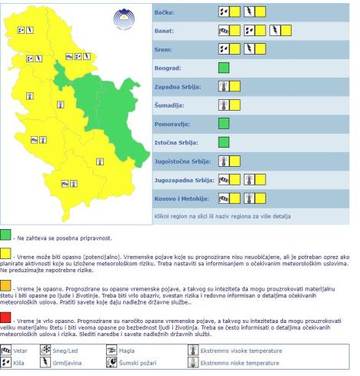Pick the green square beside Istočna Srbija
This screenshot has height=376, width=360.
224,141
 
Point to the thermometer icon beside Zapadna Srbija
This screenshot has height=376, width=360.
224,86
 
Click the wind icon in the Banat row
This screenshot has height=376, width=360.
224,32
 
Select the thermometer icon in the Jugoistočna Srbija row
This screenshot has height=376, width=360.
224,161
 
